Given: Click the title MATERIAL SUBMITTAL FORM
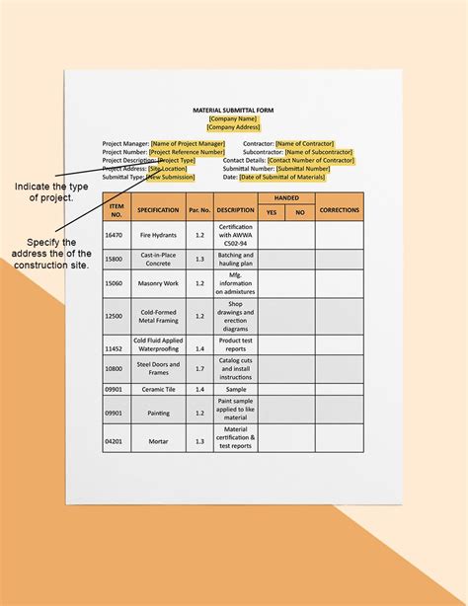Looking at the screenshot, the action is point(233,111).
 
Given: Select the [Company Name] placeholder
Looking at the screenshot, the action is point(233,118).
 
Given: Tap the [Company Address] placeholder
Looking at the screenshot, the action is point(233,127).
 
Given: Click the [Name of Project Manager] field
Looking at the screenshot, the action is point(188,144).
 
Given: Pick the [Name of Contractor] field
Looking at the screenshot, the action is point(305,144).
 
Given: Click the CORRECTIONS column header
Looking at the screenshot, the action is point(340,209).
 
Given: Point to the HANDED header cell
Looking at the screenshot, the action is point(286,198).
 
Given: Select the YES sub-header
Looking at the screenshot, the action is point(273,212).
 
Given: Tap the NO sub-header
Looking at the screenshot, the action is point(300,212).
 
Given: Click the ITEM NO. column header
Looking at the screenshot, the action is point(117,209).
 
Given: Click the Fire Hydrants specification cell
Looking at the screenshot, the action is point(158,235).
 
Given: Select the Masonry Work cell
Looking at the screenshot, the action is point(158,284).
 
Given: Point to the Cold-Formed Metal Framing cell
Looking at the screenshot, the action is point(158,316).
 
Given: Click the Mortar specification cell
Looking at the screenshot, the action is point(158,440).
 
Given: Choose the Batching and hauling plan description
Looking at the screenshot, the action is point(235,260).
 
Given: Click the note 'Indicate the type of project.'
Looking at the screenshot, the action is point(51,191).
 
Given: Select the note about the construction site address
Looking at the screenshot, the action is point(52,254).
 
